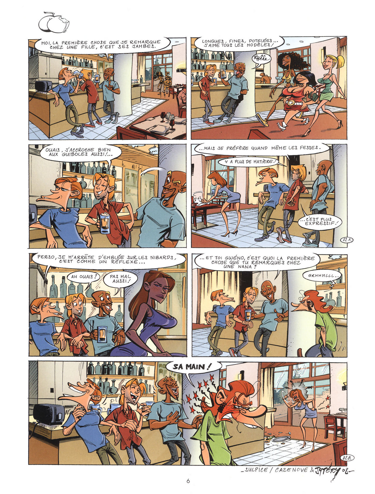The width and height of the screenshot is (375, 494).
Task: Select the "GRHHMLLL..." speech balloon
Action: (323, 276)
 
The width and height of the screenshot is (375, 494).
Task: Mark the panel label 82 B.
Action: (347, 458)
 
